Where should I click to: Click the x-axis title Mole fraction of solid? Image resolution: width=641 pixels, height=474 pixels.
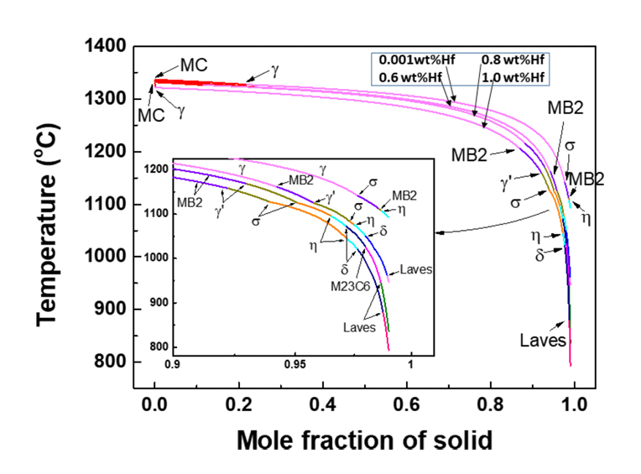(x=363, y=439)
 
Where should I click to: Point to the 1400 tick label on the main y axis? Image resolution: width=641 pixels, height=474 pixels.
(x=104, y=46)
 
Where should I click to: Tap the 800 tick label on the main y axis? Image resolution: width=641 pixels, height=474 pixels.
(x=109, y=362)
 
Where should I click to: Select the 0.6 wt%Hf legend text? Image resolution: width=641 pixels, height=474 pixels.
(x=414, y=77)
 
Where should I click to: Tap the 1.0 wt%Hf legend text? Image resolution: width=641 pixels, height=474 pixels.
(x=513, y=77)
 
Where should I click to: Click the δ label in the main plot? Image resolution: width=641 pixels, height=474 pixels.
(x=541, y=253)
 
